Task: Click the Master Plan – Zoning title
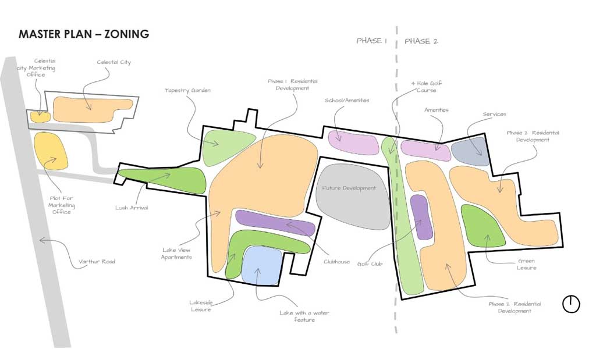tap(84, 34)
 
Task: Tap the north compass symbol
tap(571, 304)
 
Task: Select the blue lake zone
tap(262, 265)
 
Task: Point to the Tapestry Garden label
tap(187, 90)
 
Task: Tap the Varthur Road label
tap(97, 262)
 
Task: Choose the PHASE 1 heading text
tap(371, 41)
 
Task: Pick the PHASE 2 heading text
tap(421, 41)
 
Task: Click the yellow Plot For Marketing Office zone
tap(51, 151)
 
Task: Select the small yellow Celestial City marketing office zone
tap(40, 116)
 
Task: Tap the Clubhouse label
tap(337, 262)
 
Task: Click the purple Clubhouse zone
tap(275, 223)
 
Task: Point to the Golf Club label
tap(370, 263)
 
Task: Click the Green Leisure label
tap(526, 264)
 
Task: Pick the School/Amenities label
tap(347, 100)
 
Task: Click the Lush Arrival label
tap(132, 208)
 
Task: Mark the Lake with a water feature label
tap(304, 316)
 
